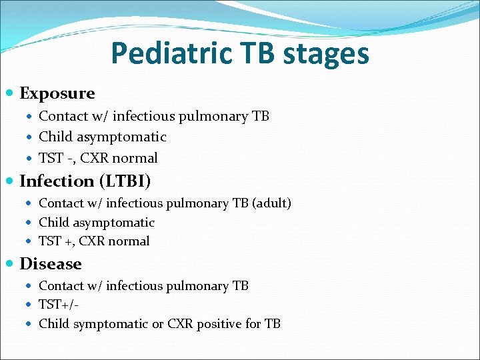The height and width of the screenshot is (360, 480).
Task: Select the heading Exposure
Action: click(57, 93)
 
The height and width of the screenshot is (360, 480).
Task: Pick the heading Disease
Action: click(51, 264)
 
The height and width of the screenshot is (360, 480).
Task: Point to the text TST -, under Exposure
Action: click(57, 158)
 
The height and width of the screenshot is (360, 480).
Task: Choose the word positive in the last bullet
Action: click(220, 324)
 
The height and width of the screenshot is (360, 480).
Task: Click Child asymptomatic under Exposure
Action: click(103, 137)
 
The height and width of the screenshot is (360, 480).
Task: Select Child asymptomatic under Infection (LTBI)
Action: click(97, 223)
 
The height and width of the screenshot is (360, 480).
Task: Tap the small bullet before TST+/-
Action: click(32, 305)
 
